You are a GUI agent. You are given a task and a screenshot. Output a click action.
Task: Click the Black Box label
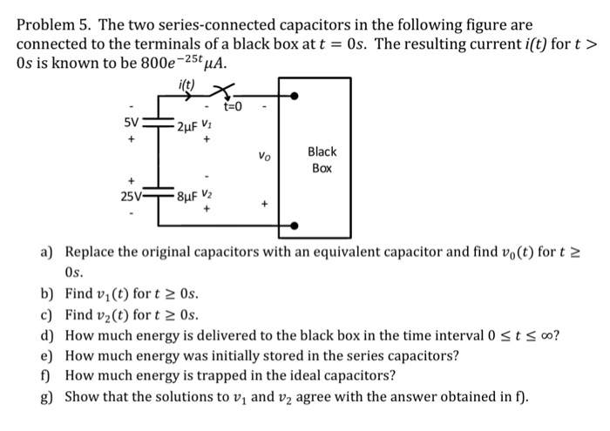322,158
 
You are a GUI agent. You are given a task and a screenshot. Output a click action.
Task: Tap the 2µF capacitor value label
187,127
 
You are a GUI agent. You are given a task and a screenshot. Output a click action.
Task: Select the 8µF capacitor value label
186,197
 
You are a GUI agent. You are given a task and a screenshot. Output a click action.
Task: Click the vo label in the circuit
264,157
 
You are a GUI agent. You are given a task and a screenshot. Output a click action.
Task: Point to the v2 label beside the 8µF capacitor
207,194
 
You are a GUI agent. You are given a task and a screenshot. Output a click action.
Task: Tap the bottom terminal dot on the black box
295,226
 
